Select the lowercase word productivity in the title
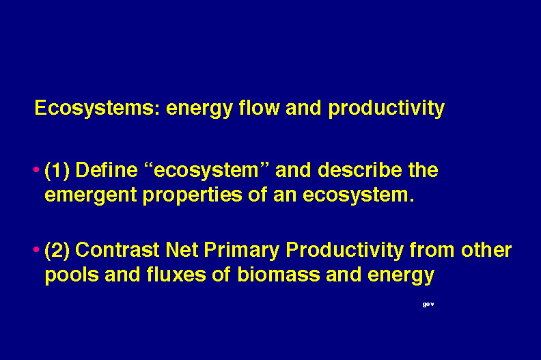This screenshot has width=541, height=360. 386,109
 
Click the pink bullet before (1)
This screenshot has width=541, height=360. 36,169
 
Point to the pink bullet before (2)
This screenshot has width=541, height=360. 36,249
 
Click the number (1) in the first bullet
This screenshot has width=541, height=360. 57,171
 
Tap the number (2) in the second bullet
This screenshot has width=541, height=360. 57,251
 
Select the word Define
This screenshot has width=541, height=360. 107,170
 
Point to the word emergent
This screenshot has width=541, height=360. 91,195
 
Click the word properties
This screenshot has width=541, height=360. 192,195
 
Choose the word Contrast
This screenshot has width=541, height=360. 117,249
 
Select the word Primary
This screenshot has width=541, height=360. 242,251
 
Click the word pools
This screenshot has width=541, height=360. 72,275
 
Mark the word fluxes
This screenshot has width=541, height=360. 176,275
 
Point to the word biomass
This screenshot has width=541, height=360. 278,275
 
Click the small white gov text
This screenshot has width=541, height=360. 428,305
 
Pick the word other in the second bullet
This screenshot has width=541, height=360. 486,249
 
